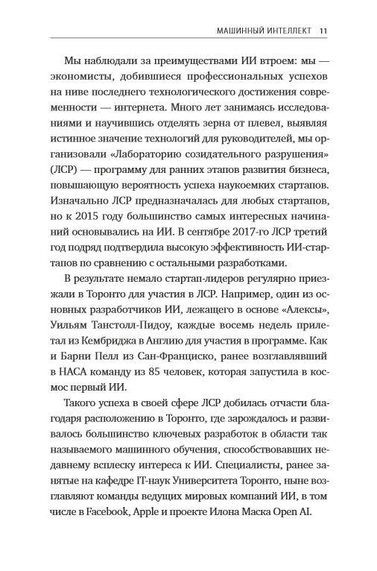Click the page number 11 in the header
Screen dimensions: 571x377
(322, 31)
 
